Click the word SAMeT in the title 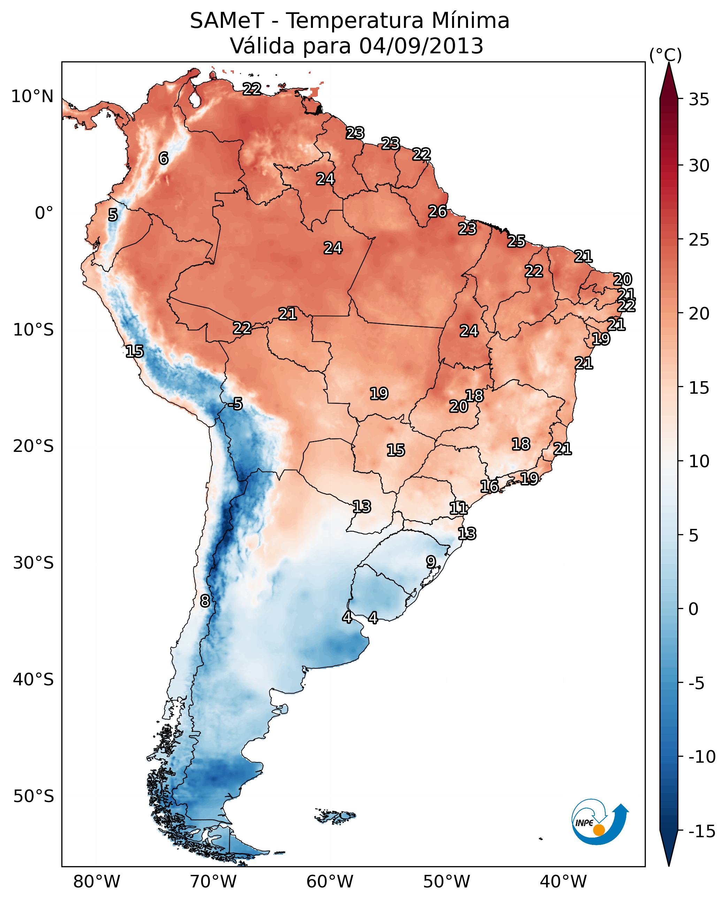(227, 21)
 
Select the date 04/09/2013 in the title (421, 46)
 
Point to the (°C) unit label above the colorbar (665, 55)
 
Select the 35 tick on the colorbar (699, 100)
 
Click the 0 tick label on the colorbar (694, 609)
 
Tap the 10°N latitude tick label (32, 97)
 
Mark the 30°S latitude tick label (33, 563)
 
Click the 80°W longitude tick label (97, 881)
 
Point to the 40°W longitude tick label (563, 881)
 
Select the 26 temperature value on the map (438, 211)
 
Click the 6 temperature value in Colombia (164, 158)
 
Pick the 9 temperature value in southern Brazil (431, 562)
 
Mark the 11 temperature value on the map (458, 508)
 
